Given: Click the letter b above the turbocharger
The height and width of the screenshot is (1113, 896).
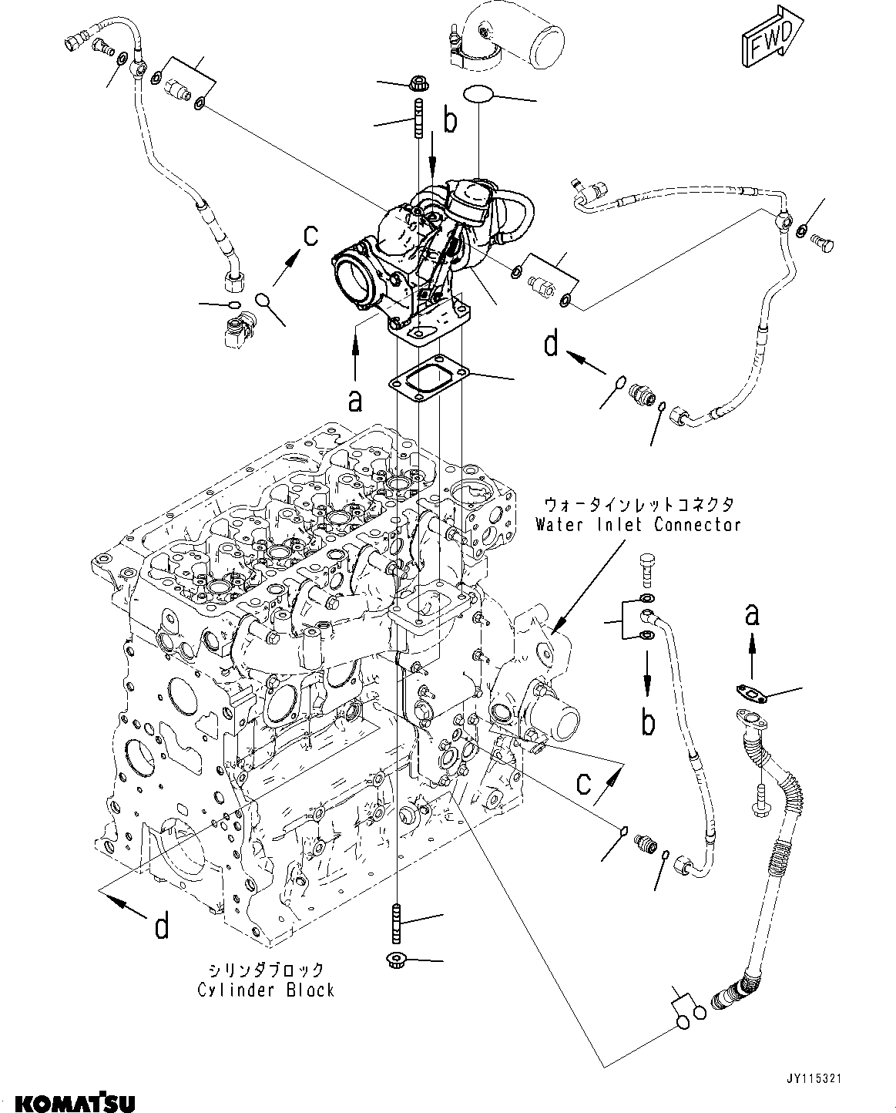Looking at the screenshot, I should (x=449, y=120).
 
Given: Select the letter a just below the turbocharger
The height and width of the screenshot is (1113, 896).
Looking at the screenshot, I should (x=354, y=400).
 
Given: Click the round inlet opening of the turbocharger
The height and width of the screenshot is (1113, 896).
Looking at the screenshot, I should (x=357, y=281).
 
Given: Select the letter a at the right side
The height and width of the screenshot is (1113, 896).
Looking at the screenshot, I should (x=752, y=615).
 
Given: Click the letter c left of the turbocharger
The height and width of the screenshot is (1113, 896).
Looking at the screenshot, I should (x=309, y=236).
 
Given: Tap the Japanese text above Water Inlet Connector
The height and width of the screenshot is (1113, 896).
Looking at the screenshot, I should (x=639, y=505).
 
